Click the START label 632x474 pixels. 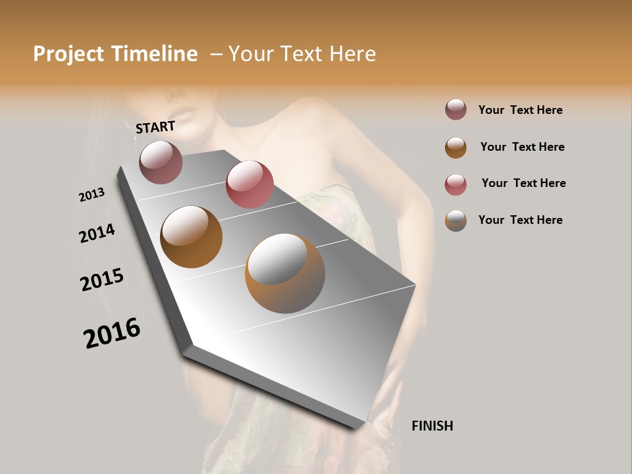coord(155,127)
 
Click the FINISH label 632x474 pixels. coord(432,426)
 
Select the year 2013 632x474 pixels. coord(92,195)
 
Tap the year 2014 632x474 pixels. coord(97,234)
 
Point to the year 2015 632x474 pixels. coord(102,280)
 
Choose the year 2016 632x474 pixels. coord(112,333)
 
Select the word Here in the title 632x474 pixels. coord(352,54)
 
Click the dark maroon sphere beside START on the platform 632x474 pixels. coord(161,162)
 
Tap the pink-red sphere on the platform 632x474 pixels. coord(250,184)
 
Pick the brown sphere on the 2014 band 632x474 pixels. coord(192,237)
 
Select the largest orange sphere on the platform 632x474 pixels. coord(285,273)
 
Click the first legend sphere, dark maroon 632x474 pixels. coord(456,110)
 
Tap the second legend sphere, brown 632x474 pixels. coord(456,147)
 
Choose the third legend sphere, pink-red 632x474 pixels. coord(456,184)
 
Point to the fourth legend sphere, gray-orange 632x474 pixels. coord(456,221)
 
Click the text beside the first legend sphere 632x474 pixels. coord(521,110)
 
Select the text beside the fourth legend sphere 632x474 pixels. coord(521,220)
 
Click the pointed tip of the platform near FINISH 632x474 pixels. coord(356,427)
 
